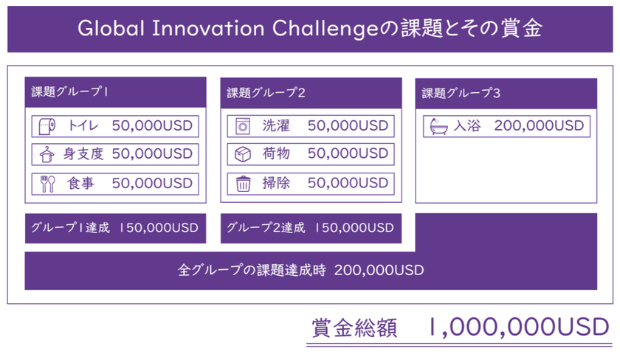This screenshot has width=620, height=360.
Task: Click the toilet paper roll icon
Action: (47, 126)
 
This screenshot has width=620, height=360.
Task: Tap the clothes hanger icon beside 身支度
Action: (46, 154)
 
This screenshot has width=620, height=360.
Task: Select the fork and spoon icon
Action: (47, 184)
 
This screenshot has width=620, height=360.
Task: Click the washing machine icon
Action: (242, 126)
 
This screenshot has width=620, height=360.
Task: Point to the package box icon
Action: (243, 154)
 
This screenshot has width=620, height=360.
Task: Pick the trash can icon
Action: (243, 184)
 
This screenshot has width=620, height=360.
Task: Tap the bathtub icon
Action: (439, 126)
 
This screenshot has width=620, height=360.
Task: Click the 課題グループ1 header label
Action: (70, 91)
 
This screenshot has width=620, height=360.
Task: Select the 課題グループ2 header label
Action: (266, 93)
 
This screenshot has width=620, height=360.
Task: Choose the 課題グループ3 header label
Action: (461, 93)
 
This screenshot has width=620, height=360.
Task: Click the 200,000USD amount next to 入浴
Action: (539, 125)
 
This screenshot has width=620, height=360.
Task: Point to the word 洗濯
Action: (276, 125)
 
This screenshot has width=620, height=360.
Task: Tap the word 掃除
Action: (276, 183)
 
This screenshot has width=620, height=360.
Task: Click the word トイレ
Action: (83, 125)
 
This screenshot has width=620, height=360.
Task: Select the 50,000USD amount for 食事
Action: (152, 184)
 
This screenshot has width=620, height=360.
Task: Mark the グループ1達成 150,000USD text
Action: (114, 228)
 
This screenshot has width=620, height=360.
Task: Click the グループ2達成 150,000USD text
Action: (310, 228)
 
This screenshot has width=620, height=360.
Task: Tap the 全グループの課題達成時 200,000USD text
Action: (301, 270)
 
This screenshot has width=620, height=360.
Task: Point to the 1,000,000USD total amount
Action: (519, 328)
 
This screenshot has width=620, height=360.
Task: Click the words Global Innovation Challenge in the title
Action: (228, 29)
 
